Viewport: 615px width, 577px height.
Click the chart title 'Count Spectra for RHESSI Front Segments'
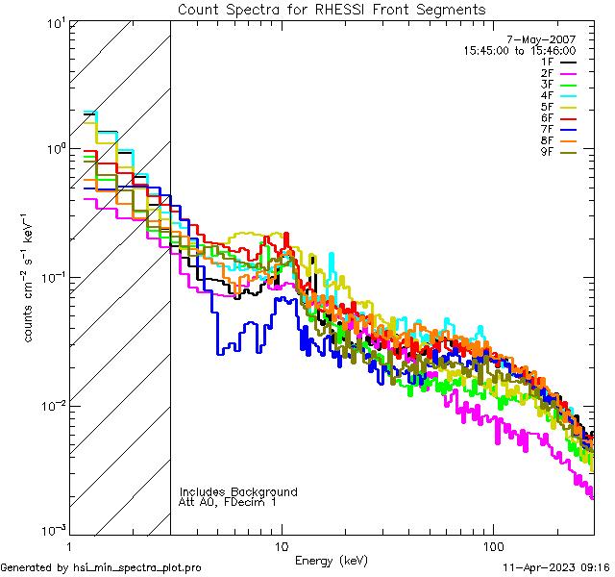(x=332, y=10)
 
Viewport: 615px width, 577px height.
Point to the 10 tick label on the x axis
(x=282, y=544)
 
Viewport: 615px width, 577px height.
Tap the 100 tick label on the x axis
(x=492, y=544)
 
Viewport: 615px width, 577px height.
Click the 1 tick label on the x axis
(x=71, y=544)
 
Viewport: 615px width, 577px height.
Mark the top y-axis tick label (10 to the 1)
(x=54, y=23)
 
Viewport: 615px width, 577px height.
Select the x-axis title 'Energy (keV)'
(x=331, y=560)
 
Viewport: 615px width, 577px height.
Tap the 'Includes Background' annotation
(x=238, y=491)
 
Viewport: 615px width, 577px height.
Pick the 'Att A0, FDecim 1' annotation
(x=227, y=502)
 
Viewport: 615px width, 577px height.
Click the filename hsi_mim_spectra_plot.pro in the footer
(x=136, y=567)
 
